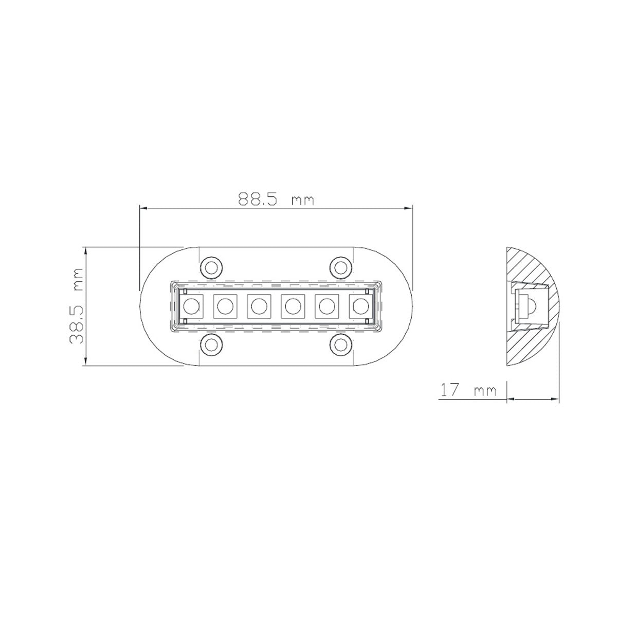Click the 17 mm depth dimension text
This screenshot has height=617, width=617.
468,391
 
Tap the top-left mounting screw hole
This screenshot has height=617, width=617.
210,267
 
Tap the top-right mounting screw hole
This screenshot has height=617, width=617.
340,267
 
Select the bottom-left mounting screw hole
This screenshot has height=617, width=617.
210,344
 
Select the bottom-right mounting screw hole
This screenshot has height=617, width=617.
340,344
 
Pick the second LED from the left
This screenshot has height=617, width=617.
225,306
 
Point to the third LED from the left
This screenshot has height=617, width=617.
259,306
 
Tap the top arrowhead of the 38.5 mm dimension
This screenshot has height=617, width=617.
86,251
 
